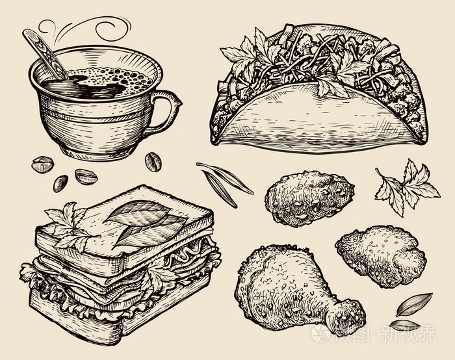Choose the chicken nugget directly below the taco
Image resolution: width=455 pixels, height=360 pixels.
click(308, 198)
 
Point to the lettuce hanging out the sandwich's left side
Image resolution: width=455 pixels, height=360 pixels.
click(32, 273)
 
